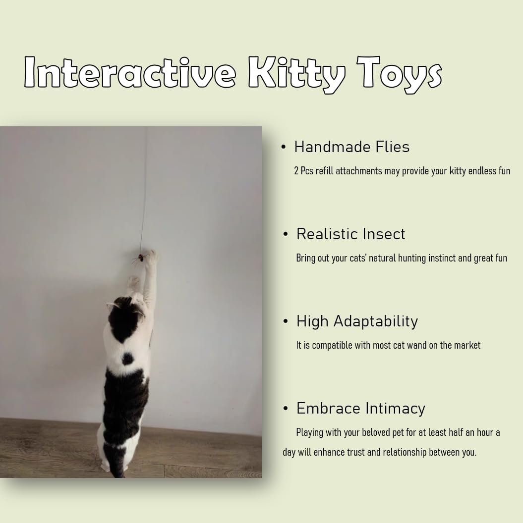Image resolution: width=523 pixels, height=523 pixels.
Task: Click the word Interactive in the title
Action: point(130,72)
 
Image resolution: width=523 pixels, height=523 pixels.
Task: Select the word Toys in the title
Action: point(400,75)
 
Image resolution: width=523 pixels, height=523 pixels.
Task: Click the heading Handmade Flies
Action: point(352,147)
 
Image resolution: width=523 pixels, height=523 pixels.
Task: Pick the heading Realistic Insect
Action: point(351,234)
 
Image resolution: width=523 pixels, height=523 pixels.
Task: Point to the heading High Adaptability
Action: point(357,321)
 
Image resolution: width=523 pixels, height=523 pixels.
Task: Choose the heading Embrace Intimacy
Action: point(361,409)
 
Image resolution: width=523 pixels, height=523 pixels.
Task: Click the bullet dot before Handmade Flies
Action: point(284,147)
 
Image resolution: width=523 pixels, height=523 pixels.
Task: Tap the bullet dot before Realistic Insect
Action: point(286,234)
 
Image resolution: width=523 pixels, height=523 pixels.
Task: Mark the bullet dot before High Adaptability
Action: point(286,321)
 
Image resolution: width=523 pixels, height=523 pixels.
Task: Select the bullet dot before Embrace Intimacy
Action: point(286,408)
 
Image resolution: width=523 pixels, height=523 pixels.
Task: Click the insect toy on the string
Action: point(140,258)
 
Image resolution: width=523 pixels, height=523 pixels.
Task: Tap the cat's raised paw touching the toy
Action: point(151,256)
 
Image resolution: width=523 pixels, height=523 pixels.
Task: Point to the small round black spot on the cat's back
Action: point(127,359)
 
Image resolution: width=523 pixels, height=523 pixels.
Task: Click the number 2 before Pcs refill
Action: point(296,171)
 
